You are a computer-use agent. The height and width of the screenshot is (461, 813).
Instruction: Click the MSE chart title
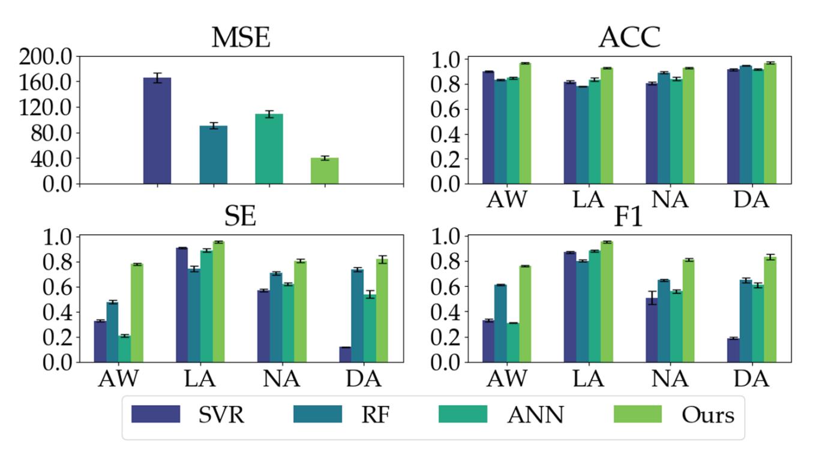coord(241,38)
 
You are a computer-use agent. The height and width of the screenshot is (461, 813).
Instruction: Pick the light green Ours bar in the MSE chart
coord(325,170)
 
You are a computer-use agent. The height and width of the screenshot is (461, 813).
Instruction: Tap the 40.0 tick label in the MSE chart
coord(50,158)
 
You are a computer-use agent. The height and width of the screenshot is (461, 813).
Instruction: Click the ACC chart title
coord(629,38)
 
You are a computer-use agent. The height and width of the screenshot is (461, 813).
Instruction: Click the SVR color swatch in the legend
coord(156,414)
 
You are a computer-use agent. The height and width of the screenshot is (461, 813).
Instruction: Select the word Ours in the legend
coord(707,415)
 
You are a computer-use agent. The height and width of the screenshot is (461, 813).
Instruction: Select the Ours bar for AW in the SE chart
coord(137,313)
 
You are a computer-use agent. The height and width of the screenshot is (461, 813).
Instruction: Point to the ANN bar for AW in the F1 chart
coord(513,342)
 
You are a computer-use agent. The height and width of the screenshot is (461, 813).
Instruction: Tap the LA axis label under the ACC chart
coord(588,200)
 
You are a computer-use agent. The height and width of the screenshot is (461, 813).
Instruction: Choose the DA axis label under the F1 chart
coord(751,379)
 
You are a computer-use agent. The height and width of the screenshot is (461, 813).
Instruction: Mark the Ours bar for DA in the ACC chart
coord(770,123)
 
